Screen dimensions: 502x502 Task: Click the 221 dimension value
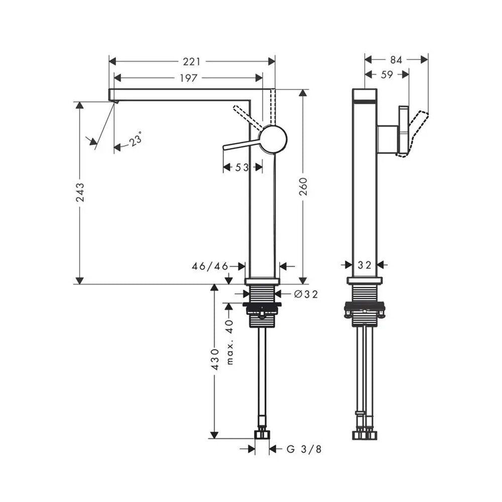[191, 61]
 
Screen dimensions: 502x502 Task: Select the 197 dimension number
[188, 78]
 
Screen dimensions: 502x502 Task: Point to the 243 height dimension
[80, 192]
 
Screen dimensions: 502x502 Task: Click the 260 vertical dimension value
[303, 186]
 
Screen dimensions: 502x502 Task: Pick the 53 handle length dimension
[242, 167]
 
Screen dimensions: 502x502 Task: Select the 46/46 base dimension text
[210, 266]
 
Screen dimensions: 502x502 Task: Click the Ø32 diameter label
[306, 294]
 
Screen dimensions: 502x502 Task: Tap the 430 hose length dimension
[215, 359]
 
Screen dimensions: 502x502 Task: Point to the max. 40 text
[230, 342]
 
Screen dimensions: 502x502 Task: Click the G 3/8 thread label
[304, 449]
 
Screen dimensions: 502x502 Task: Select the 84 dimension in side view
[396, 60]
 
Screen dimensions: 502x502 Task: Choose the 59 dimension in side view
[387, 75]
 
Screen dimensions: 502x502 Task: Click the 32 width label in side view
[364, 265]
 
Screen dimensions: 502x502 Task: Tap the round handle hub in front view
[273, 139]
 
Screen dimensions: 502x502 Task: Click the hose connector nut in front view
[262, 434]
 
